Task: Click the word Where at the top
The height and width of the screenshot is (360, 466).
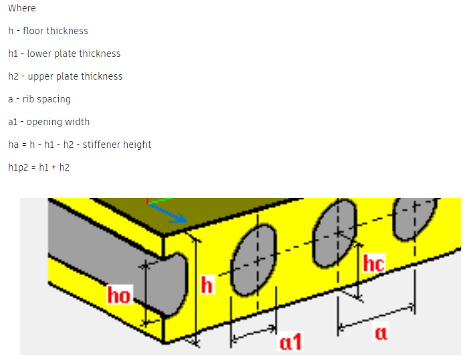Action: pyautogui.click(x=22, y=8)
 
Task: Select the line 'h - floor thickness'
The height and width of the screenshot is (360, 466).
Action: pyautogui.click(x=48, y=31)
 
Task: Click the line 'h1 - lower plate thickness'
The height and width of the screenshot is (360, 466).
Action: pyautogui.click(x=64, y=54)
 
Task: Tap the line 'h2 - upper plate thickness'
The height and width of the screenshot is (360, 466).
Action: pyautogui.click(x=66, y=76)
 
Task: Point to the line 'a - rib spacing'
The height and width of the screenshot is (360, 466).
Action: pyautogui.click(x=39, y=99)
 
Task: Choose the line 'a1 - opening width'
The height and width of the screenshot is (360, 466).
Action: pyautogui.click(x=49, y=122)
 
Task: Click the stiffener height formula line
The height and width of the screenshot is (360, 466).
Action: pyautogui.click(x=80, y=145)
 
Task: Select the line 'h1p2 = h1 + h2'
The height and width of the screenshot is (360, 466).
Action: pyautogui.click(x=39, y=167)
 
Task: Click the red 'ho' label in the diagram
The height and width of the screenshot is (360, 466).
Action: pyautogui.click(x=119, y=295)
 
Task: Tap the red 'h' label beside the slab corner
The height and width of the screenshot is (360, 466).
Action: pyautogui.click(x=208, y=286)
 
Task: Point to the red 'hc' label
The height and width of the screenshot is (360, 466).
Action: pyautogui.click(x=374, y=264)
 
